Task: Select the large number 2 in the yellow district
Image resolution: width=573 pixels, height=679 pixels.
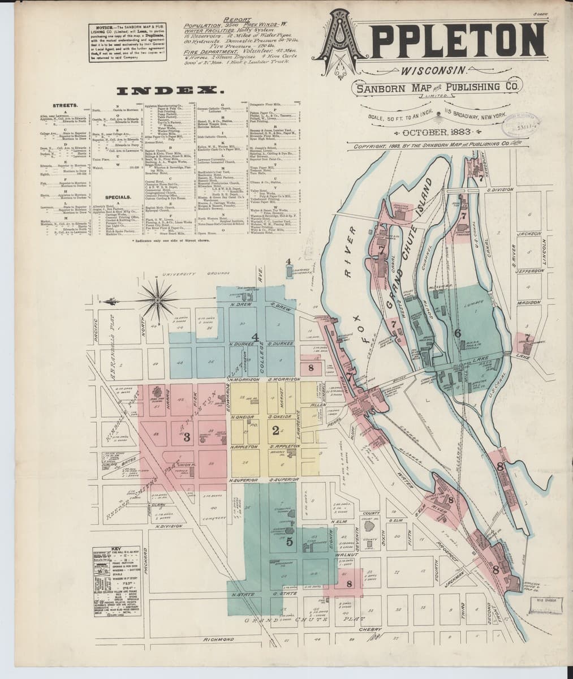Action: pyautogui.click(x=275, y=431)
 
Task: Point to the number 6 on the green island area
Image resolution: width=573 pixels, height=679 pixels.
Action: pyautogui.click(x=457, y=333)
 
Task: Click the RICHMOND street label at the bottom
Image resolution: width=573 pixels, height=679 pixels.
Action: pyautogui.click(x=218, y=639)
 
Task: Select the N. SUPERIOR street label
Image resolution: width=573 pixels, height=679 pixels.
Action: pyautogui.click(x=244, y=480)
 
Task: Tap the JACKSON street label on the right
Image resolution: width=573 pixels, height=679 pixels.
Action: pyautogui.click(x=529, y=233)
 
